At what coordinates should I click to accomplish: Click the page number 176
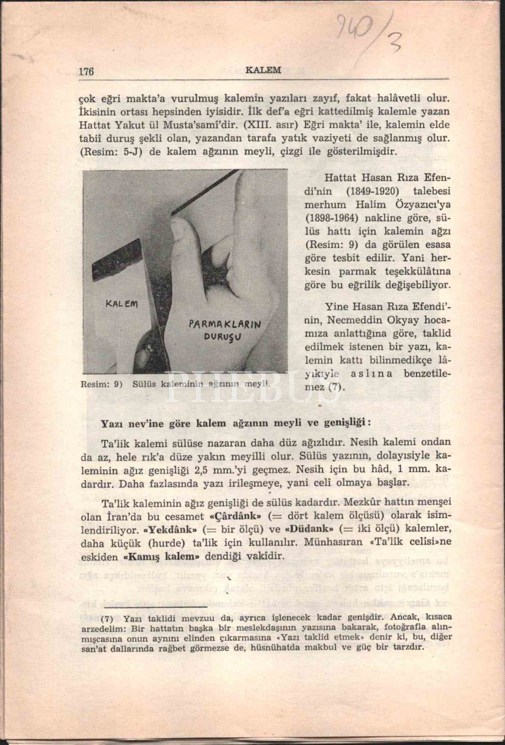(x=86, y=71)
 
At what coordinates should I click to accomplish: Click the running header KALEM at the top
(x=263, y=70)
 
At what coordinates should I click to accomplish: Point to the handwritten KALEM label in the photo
(x=122, y=302)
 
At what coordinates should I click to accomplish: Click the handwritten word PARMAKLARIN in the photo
(x=225, y=325)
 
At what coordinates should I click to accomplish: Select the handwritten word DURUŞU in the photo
(x=224, y=337)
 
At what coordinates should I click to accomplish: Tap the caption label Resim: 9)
(x=101, y=383)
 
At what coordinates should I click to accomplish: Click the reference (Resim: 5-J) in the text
(x=111, y=151)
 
